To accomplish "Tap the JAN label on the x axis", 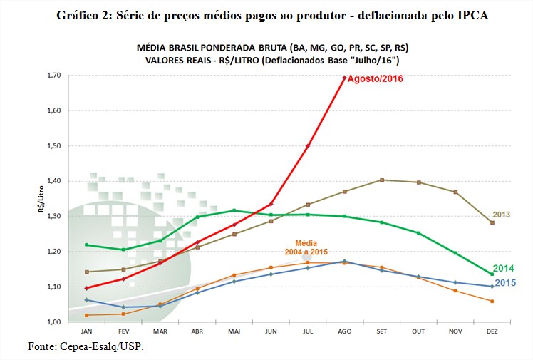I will point(86,332).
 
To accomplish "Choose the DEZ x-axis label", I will point(492,332).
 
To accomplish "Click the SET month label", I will point(381,332).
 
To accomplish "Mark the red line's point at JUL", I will point(308,145).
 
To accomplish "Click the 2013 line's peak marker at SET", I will point(382,180).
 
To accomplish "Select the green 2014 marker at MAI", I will point(234,210).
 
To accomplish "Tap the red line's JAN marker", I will point(86,288).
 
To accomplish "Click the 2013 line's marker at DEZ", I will point(492,222).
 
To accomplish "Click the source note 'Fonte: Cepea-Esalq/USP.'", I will point(85,346).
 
